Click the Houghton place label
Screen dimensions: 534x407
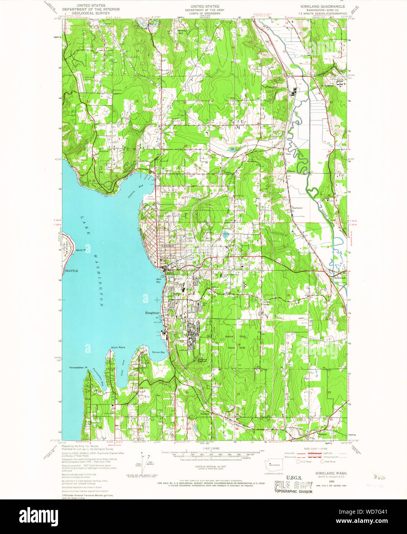(x=152, y=313)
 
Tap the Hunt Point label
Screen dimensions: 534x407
(x=118, y=347)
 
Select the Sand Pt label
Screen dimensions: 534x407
(x=80, y=250)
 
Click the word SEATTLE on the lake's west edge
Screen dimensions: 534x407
(x=71, y=270)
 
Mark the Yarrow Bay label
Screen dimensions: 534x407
(x=158, y=352)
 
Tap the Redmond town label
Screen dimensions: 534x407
(x=340, y=277)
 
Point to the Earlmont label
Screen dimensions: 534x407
(x=297, y=208)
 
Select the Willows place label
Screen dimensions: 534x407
(x=291, y=171)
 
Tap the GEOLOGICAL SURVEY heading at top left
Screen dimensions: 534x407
(x=91, y=13)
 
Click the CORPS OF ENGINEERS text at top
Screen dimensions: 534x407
(x=202, y=13)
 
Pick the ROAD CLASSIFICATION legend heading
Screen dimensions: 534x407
(x=316, y=448)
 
